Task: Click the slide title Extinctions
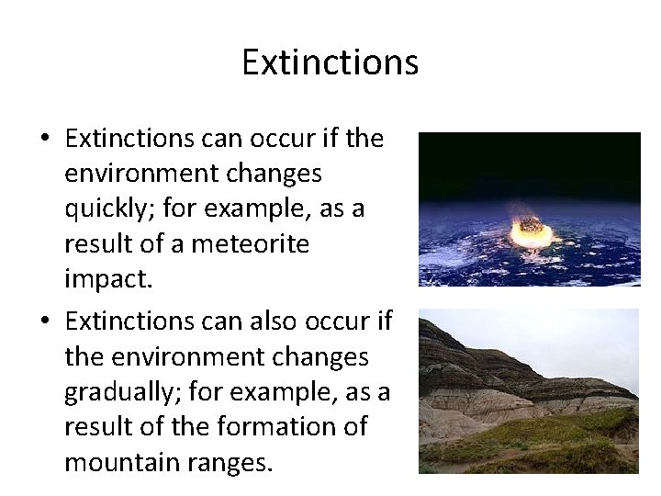(x=330, y=62)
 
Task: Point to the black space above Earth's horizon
(x=529, y=156)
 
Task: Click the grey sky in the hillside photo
(x=569, y=335)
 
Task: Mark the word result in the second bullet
(x=105, y=426)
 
